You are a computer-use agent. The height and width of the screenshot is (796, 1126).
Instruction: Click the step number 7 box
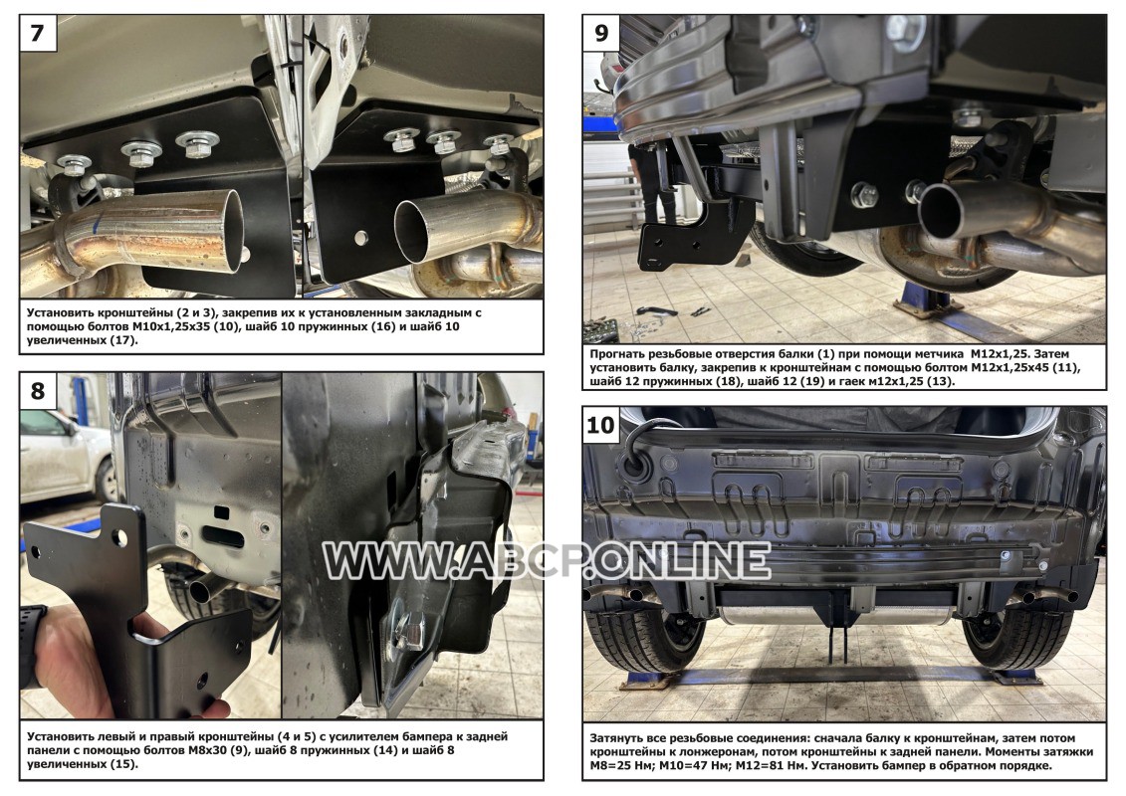tap(38, 32)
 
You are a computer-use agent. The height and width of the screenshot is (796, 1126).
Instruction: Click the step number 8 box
tap(38, 390)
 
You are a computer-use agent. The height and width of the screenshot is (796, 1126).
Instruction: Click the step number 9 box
tap(601, 32)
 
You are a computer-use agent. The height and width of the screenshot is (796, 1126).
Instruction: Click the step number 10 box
tap(601, 424)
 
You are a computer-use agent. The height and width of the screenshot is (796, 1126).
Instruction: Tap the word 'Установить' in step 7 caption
tap(61, 313)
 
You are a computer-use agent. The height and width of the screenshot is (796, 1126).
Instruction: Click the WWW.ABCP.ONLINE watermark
tap(547, 561)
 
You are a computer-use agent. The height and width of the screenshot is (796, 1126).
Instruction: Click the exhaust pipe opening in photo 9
tap(942, 210)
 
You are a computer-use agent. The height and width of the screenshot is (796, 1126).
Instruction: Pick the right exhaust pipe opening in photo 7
tap(414, 231)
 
